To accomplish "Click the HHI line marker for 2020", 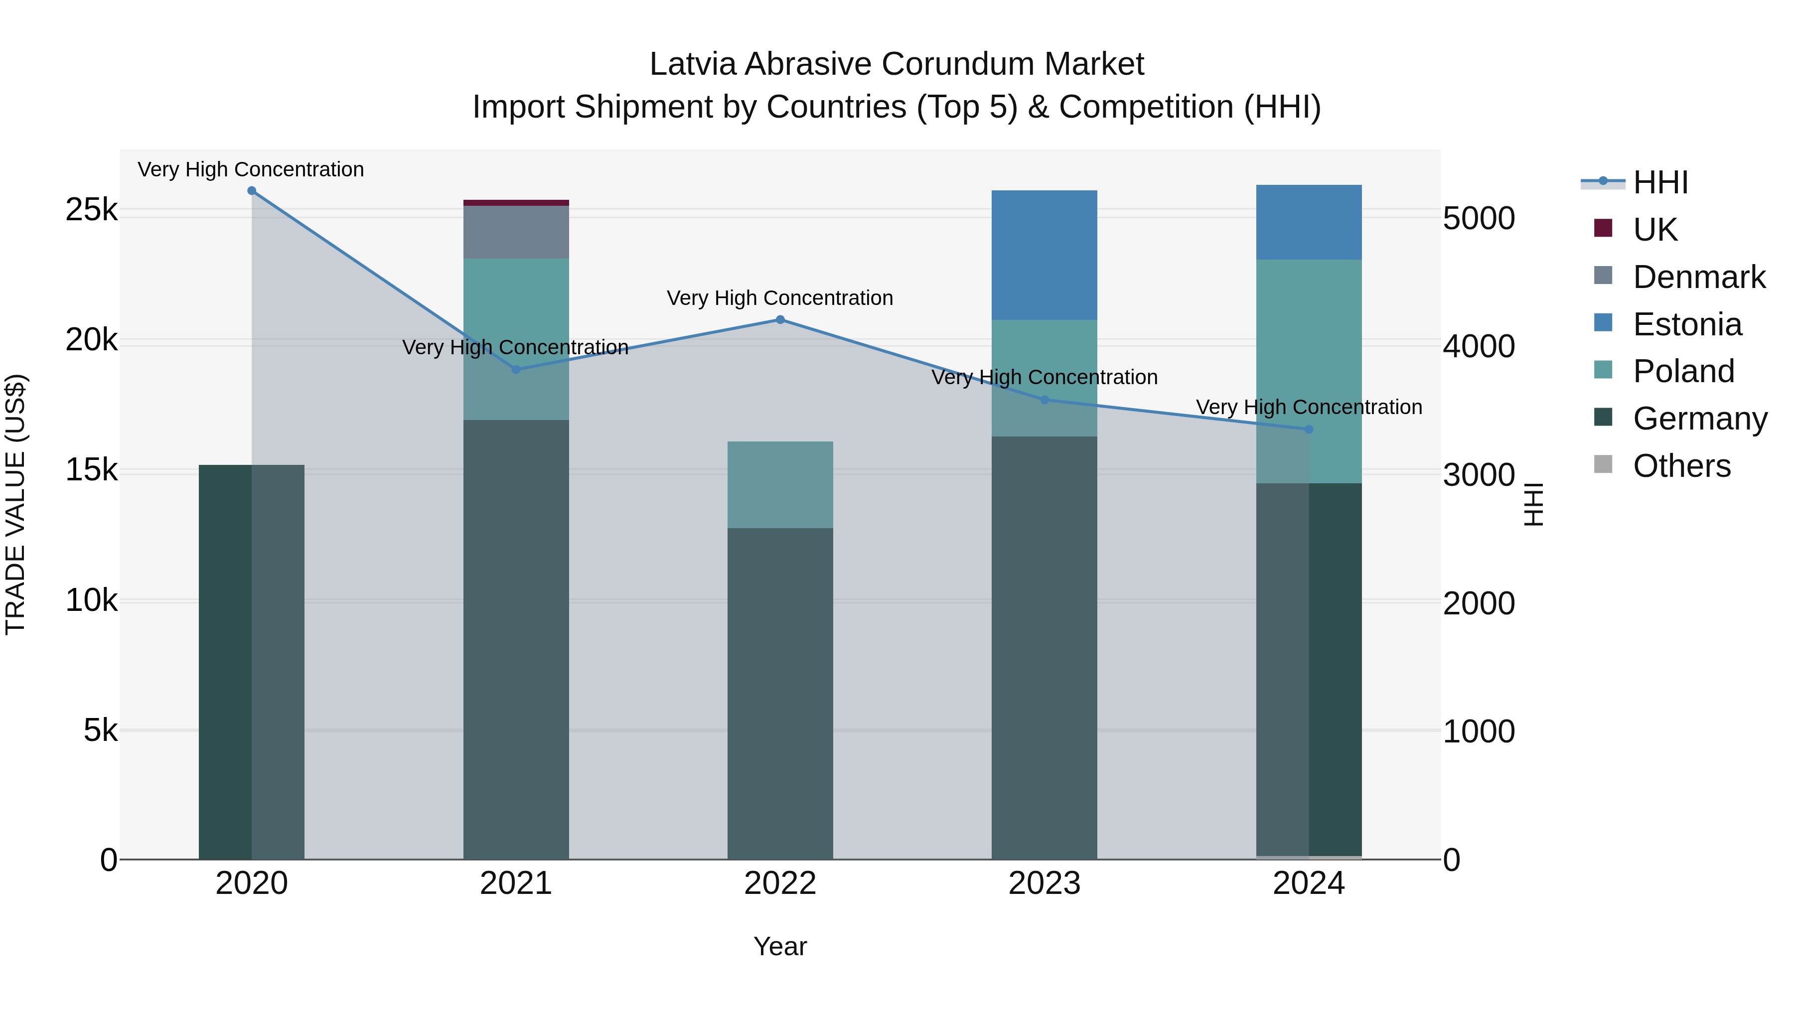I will pyautogui.click(x=252, y=191).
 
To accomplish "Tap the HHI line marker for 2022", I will pyautogui.click(x=780, y=319).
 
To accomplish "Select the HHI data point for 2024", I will pyautogui.click(x=1309, y=430).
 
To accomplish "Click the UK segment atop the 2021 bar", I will pyautogui.click(x=516, y=203).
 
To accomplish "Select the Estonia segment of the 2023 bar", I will pyautogui.click(x=1044, y=255).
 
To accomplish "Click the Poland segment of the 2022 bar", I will pyautogui.click(x=780, y=485).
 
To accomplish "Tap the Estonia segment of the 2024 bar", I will pyautogui.click(x=1309, y=222).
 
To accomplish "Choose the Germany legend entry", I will pyautogui.click(x=1699, y=419).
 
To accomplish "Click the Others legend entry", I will pyautogui.click(x=1681, y=466).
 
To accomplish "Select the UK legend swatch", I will pyautogui.click(x=1603, y=228).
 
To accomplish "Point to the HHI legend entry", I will pyautogui.click(x=1660, y=182).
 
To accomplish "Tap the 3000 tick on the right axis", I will pyautogui.click(x=1479, y=475).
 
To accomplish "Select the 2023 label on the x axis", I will pyautogui.click(x=1044, y=883).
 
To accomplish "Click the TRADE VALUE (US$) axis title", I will pyautogui.click(x=15, y=504).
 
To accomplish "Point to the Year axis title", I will pyautogui.click(x=780, y=946).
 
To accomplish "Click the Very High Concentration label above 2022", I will pyautogui.click(x=780, y=298).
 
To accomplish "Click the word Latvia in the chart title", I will pyautogui.click(x=693, y=64).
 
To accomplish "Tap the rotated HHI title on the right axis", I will pyautogui.click(x=1533, y=504).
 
